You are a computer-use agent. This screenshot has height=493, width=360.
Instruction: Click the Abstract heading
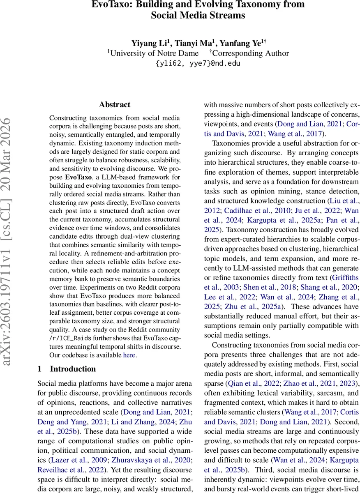(x=115, y=105)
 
